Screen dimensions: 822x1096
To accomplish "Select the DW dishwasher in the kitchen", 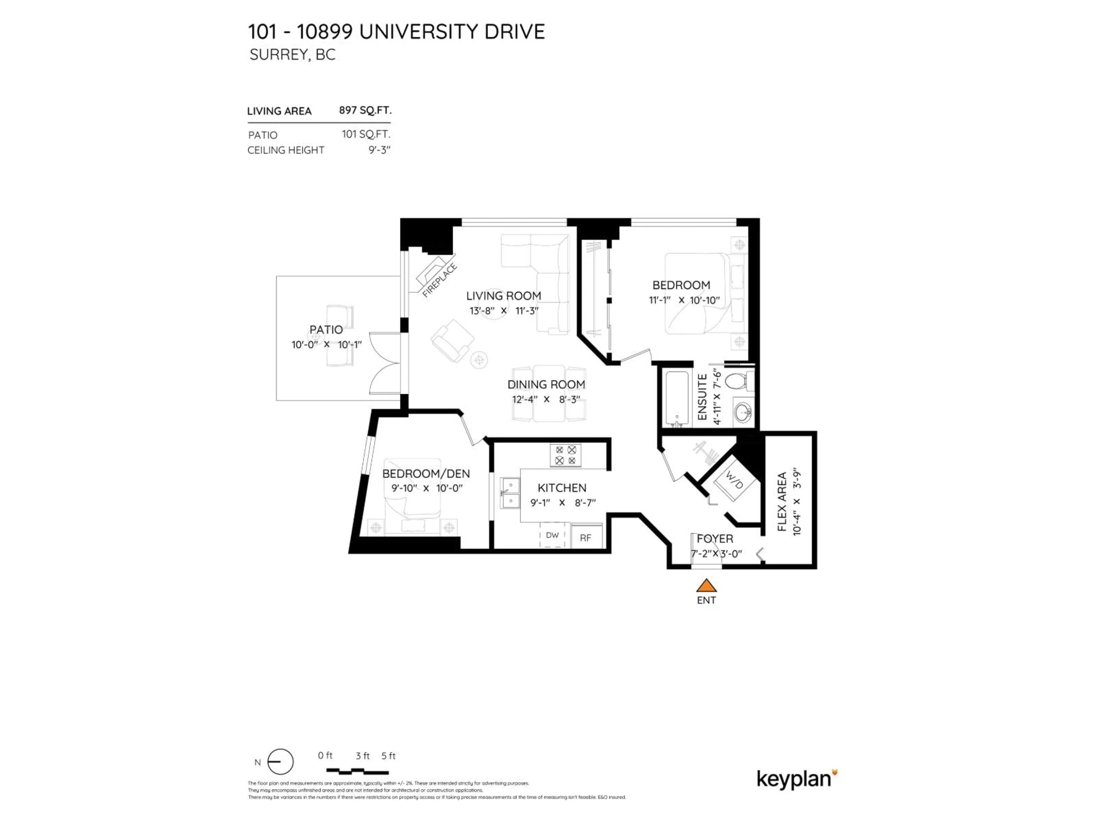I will click(552, 536).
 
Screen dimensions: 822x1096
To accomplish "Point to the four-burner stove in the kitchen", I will click(565, 455).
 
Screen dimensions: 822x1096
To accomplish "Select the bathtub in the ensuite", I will click(677, 399).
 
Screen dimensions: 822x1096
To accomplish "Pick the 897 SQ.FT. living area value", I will click(365, 110).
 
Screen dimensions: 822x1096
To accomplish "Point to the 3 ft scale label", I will click(362, 755).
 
